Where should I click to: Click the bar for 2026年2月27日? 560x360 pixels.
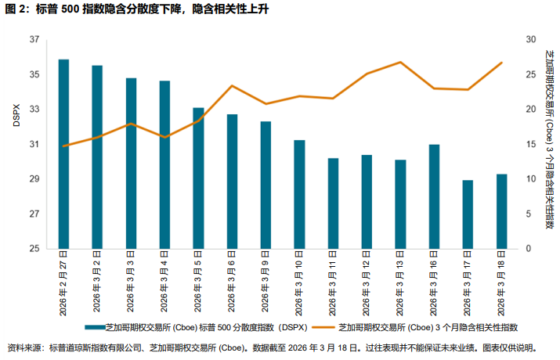pyautogui.click(x=63, y=154)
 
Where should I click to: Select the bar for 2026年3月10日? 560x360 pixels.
pyautogui.click(x=299, y=194)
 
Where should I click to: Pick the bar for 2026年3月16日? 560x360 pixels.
pyautogui.click(x=434, y=196)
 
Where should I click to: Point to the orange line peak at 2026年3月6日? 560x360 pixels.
pyautogui.click(x=232, y=86)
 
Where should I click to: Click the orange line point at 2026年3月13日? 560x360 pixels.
pyautogui.click(x=400, y=62)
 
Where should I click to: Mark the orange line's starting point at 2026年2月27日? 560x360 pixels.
pyautogui.click(x=63, y=146)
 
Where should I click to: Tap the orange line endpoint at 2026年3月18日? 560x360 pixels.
pyautogui.click(x=501, y=63)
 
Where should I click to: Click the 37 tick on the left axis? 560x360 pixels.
pyautogui.click(x=34, y=40)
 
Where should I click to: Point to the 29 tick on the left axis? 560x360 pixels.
pyautogui.click(x=34, y=180)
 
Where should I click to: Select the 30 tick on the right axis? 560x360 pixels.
pyautogui.click(x=530, y=40)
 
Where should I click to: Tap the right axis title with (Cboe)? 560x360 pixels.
pyautogui.click(x=547, y=140)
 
